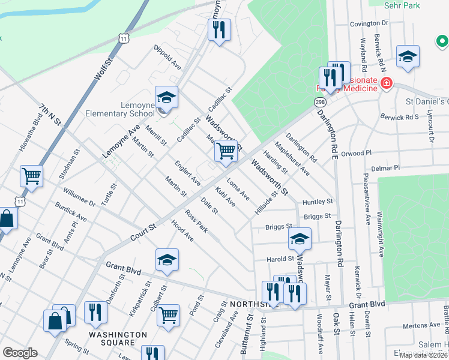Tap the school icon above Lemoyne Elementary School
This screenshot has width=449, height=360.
point(167,97)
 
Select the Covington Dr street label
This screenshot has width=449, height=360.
point(369,23)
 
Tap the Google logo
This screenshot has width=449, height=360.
point(20,353)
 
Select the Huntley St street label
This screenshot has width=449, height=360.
point(318,202)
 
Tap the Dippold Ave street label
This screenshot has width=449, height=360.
point(167,56)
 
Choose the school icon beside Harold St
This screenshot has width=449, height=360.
point(300,238)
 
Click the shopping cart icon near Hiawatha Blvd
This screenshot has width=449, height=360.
point(31,176)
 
